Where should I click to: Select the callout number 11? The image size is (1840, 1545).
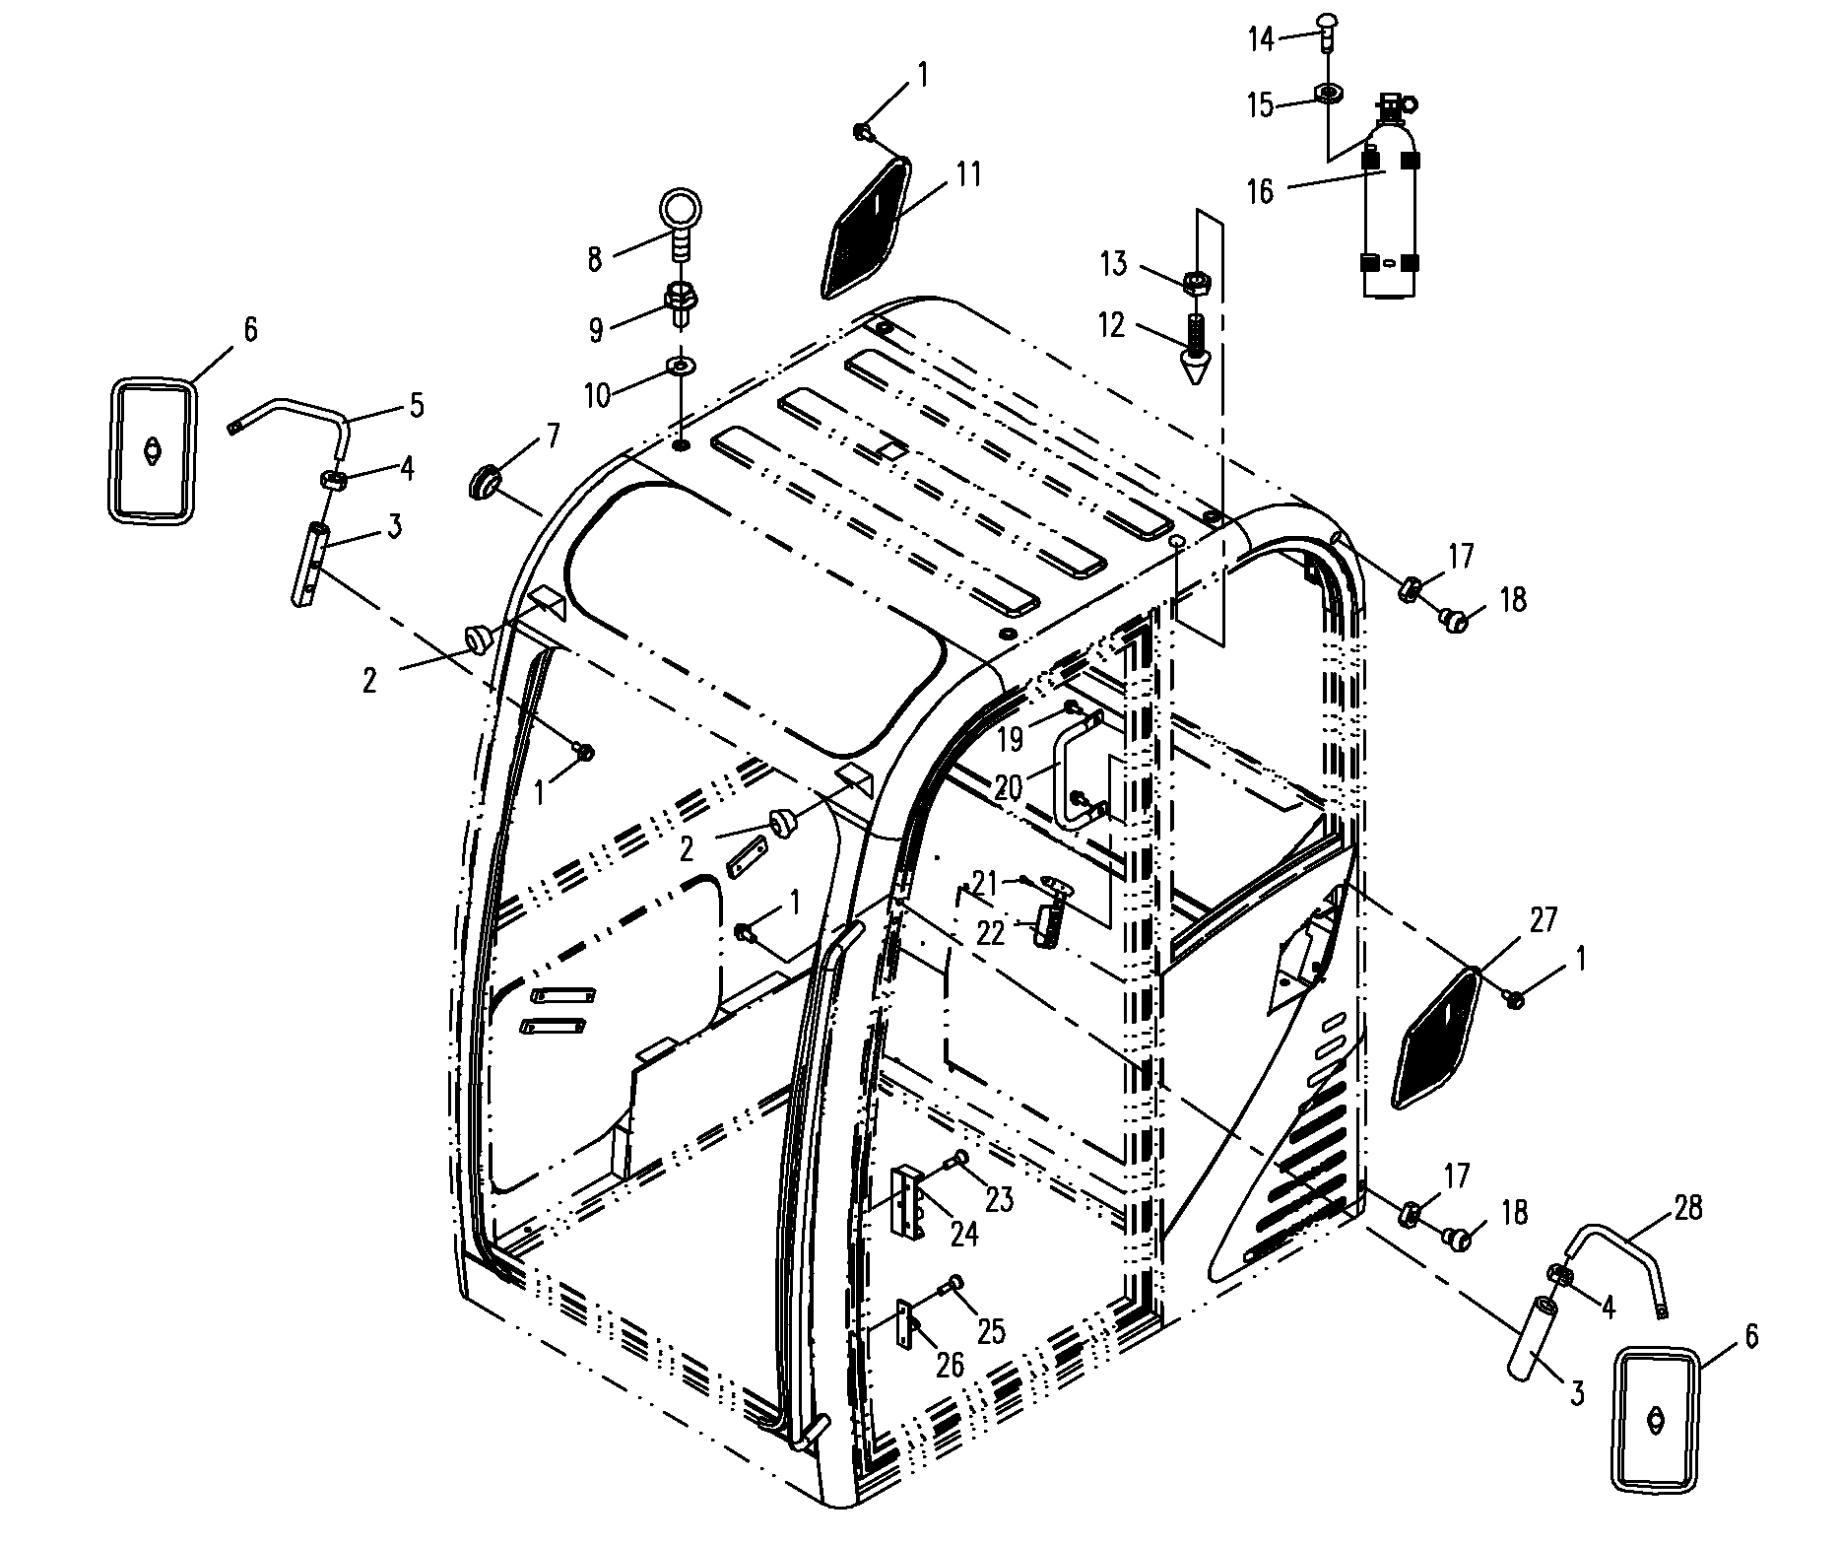968,175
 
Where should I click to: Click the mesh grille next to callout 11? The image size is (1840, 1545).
863,228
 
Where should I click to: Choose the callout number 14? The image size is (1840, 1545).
1262,39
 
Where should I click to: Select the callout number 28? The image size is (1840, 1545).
1688,1208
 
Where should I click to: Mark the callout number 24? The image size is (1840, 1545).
964,1234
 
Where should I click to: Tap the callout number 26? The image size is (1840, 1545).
948,1365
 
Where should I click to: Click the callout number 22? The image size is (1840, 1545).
990,933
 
